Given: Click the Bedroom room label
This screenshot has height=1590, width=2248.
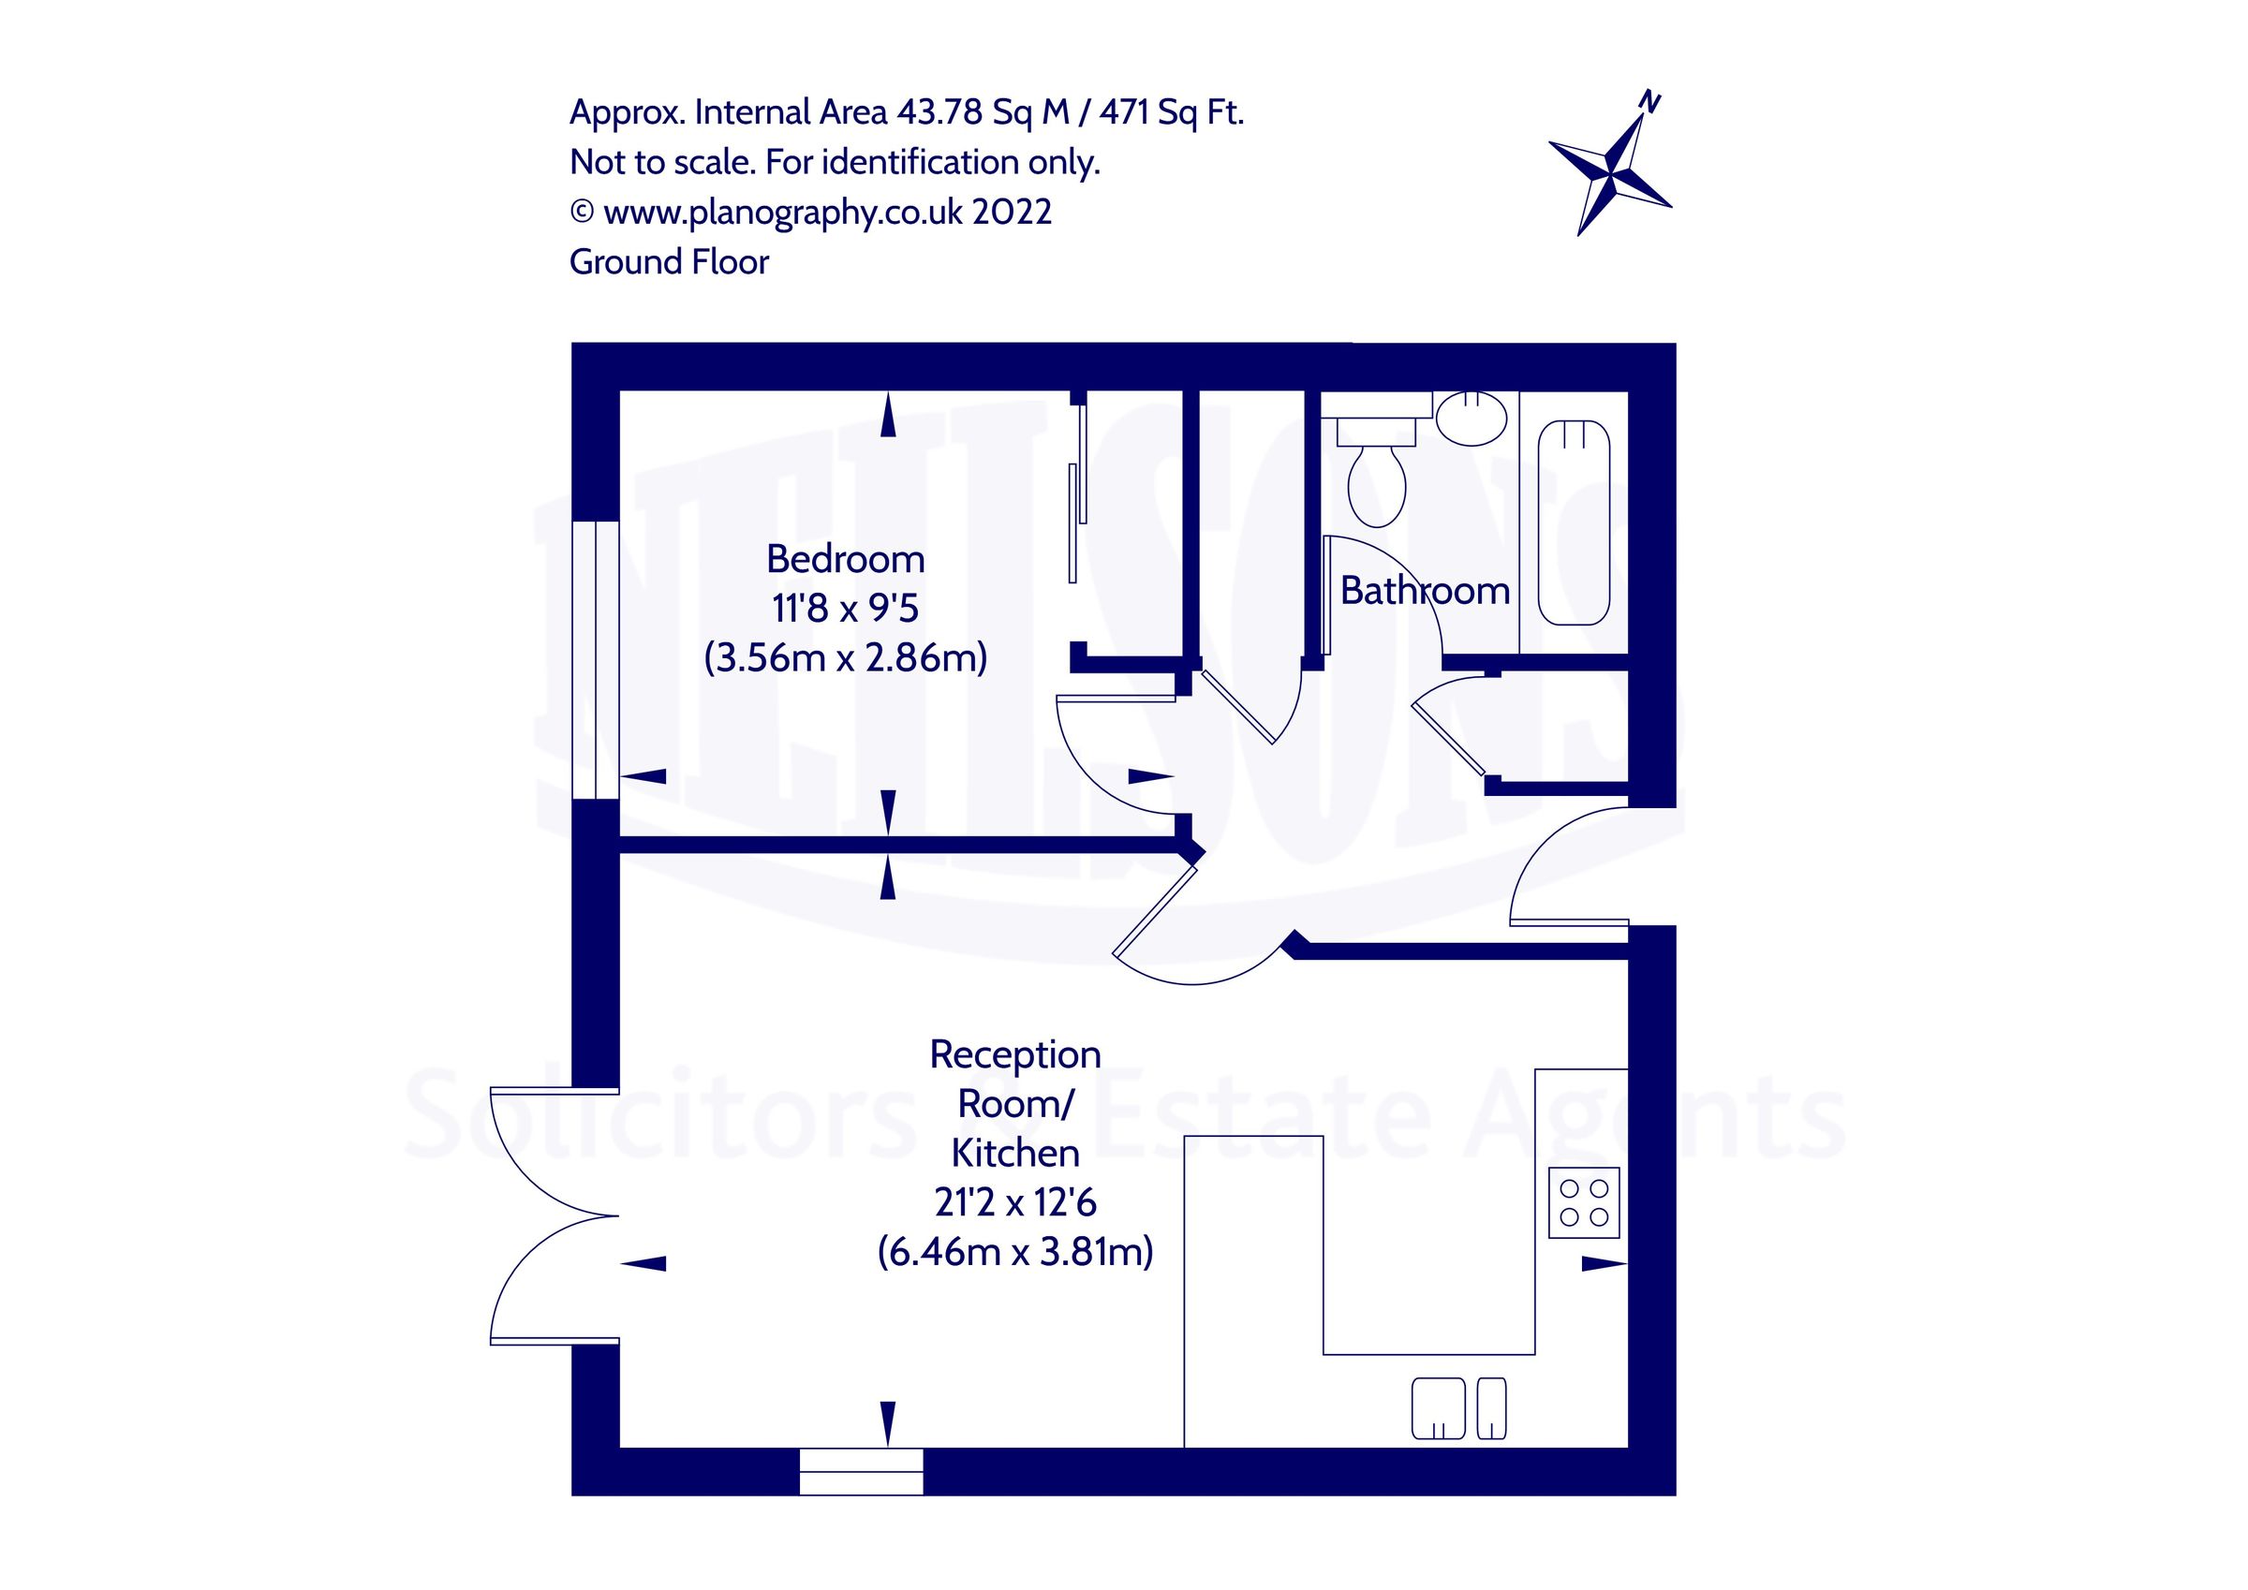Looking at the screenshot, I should coord(845,559).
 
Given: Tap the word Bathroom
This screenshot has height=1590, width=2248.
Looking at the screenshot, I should coord(1424,590).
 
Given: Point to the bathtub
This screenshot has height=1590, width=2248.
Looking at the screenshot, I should coord(1574,522).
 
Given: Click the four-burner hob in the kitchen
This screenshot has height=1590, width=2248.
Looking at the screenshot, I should coord(1583,1202).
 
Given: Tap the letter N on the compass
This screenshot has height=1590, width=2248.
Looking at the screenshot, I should coord(1650,102).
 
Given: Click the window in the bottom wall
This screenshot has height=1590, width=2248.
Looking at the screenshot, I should coord(861,1470).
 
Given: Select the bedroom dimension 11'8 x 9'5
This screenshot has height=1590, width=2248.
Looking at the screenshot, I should coord(845,608).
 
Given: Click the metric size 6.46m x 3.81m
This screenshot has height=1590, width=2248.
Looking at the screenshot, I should coord(1014,1251).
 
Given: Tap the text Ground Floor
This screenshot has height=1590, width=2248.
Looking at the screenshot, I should coord(669,261).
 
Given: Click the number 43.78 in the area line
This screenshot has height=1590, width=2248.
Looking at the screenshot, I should coord(939,112).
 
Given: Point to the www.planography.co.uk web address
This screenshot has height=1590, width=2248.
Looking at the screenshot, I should coord(782,212).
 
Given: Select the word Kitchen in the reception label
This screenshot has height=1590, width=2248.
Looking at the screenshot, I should coord(1014,1154).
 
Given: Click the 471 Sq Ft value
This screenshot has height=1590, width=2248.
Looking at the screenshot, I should coord(1171,112).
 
